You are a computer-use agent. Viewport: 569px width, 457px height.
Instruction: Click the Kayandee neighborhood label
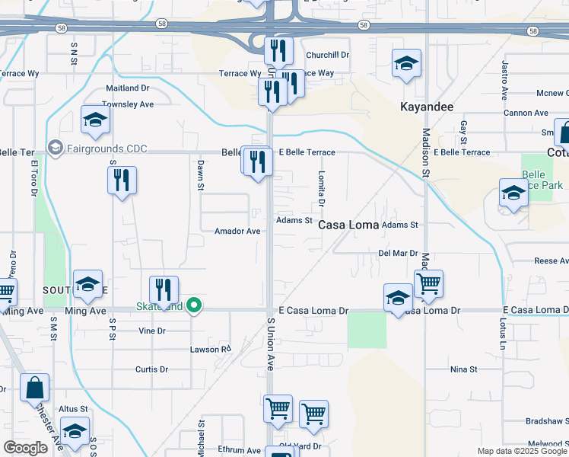(x=427, y=107)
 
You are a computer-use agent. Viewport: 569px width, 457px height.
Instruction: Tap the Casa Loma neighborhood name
(x=348, y=225)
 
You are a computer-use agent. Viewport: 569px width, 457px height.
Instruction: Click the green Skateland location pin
(x=195, y=306)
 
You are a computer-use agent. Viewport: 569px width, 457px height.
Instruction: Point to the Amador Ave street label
(x=237, y=231)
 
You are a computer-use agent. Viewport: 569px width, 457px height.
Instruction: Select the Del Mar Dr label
(x=399, y=253)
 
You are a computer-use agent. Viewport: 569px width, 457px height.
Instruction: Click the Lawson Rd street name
(x=210, y=350)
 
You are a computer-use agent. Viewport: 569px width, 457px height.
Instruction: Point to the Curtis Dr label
(x=151, y=369)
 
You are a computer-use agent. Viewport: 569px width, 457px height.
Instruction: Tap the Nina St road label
(x=463, y=369)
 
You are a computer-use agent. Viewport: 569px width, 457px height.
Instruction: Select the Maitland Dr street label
(x=127, y=88)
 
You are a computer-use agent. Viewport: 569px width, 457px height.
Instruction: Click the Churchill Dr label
(x=327, y=55)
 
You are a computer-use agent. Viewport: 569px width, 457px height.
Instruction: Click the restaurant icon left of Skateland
(x=164, y=290)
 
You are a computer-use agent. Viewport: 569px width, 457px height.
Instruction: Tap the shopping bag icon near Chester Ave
(x=34, y=388)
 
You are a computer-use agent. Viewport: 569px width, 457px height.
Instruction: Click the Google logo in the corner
(x=26, y=448)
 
